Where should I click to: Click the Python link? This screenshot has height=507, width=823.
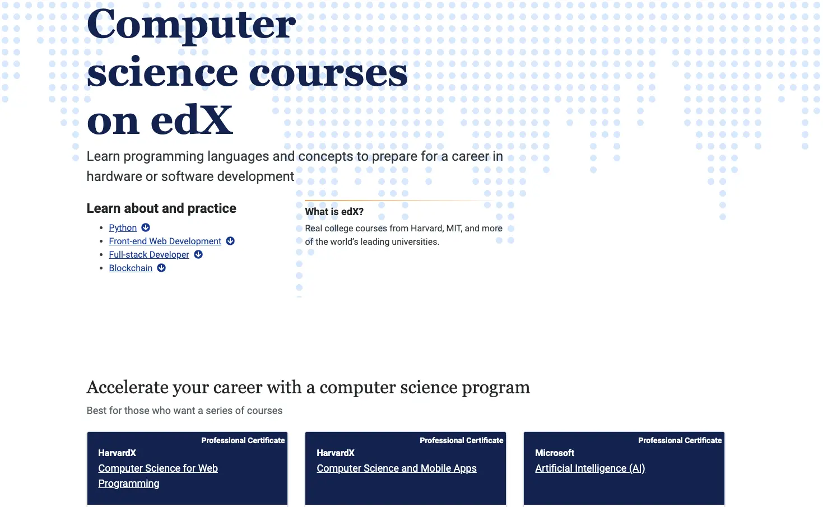coord(123,228)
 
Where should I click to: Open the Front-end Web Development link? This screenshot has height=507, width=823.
coord(165,241)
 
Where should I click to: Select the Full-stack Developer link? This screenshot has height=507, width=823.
coord(149,254)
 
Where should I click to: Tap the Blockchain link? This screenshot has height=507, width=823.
coord(131,268)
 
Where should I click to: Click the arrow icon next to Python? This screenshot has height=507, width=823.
coord(146,227)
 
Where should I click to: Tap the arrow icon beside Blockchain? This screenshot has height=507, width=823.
coord(161,268)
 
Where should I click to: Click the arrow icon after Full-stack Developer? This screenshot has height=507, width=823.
coord(198,254)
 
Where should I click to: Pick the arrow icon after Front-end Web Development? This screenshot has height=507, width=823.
coord(230,241)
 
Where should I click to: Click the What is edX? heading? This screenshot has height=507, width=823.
coord(334,212)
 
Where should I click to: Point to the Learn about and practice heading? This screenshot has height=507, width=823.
coord(161,208)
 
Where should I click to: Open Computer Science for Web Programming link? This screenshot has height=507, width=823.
coord(158,476)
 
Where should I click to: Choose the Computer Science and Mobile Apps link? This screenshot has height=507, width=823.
coord(397,468)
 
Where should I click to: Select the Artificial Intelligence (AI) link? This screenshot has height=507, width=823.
coord(590,468)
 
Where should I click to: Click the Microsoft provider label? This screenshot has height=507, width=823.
coord(555,453)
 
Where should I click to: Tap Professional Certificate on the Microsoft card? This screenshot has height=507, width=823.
coord(680,440)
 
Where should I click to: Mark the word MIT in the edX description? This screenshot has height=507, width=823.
coord(454,228)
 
